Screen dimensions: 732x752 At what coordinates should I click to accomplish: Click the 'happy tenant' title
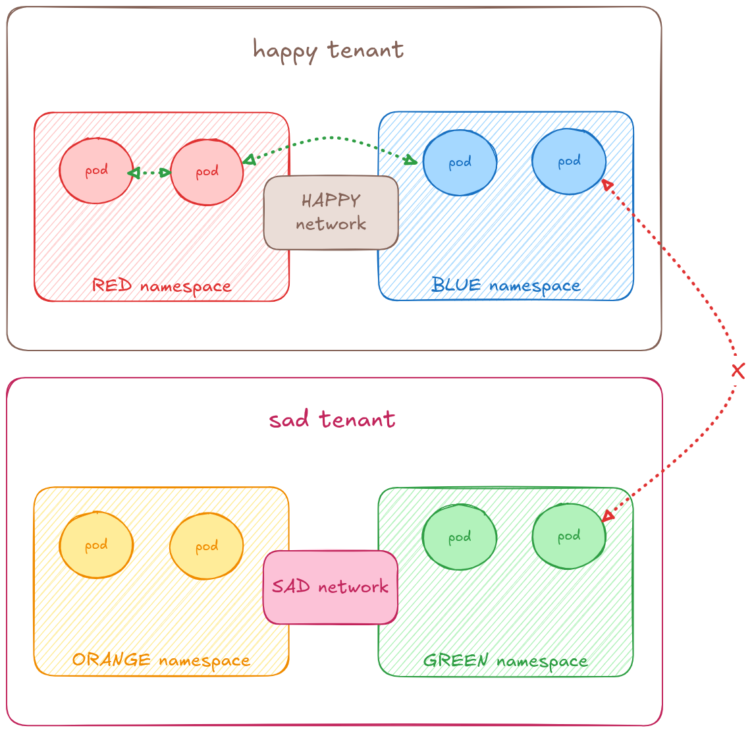(328, 50)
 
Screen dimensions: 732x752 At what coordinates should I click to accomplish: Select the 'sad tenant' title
(332, 420)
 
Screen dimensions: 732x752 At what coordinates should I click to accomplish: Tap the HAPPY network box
(331, 212)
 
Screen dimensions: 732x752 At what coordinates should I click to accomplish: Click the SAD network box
(331, 587)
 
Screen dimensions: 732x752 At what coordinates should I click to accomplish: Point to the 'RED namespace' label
(161, 286)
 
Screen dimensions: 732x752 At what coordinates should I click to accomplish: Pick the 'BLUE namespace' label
(506, 285)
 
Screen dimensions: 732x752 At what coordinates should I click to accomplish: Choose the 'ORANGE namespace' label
(161, 660)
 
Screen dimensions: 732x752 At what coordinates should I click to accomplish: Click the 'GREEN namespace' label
(505, 660)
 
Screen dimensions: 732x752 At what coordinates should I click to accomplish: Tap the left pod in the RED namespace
(96, 171)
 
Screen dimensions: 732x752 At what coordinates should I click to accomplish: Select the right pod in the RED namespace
(207, 172)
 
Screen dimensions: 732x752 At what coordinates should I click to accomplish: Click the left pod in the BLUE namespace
(460, 163)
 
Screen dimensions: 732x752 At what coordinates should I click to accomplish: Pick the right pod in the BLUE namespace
(569, 161)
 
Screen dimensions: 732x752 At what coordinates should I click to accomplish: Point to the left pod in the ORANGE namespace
(96, 546)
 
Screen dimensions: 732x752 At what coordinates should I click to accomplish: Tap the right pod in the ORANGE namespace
(207, 546)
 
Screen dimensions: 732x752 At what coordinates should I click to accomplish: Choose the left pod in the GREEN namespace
(460, 537)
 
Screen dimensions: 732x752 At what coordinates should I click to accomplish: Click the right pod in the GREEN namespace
(569, 536)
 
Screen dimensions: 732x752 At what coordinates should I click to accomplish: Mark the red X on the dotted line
(738, 371)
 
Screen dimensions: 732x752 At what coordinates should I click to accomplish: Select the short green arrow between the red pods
(149, 173)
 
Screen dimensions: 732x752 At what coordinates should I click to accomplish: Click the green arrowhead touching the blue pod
(411, 160)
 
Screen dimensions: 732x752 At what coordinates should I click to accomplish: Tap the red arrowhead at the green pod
(608, 516)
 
